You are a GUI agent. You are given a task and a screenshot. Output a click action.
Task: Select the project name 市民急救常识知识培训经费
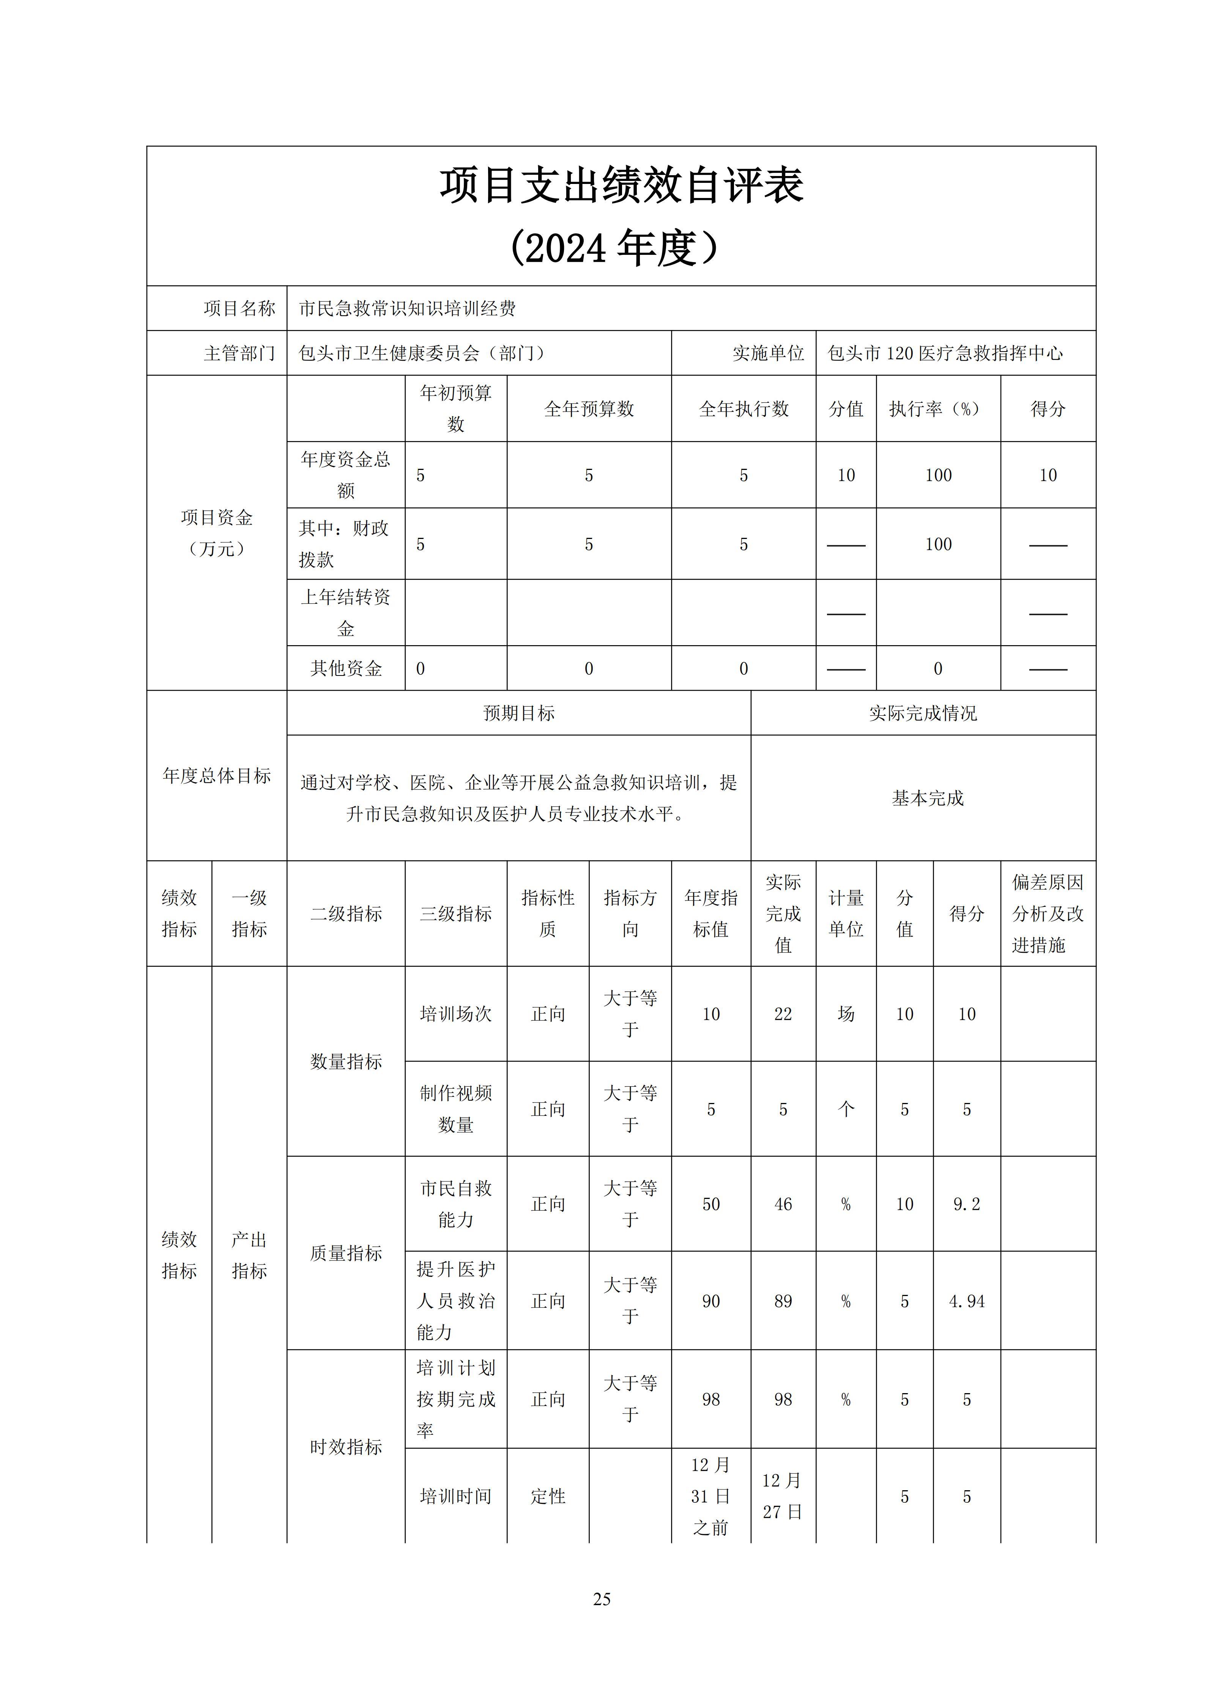(407, 309)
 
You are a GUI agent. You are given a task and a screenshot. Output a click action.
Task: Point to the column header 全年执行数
(743, 409)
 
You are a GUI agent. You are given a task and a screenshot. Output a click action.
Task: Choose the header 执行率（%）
(938, 409)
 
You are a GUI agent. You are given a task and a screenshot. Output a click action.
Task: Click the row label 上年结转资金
(346, 613)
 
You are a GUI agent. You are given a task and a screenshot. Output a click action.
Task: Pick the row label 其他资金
(346, 668)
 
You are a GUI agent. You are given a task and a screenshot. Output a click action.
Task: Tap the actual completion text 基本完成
(928, 798)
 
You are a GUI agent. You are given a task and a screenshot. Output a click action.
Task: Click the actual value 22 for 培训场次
(783, 1014)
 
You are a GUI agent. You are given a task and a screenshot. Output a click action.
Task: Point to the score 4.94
(966, 1301)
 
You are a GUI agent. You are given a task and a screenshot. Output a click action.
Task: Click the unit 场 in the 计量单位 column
(846, 1014)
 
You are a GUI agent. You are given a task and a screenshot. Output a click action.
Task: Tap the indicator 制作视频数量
(455, 1109)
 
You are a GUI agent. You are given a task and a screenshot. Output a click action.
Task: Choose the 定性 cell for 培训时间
(548, 1496)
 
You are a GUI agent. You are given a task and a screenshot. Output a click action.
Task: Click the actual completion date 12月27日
(783, 1496)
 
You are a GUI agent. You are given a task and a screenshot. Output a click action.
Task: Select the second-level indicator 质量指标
(346, 1253)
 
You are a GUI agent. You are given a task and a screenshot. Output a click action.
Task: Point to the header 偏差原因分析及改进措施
(1048, 913)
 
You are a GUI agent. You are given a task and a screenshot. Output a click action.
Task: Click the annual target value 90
(711, 1301)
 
